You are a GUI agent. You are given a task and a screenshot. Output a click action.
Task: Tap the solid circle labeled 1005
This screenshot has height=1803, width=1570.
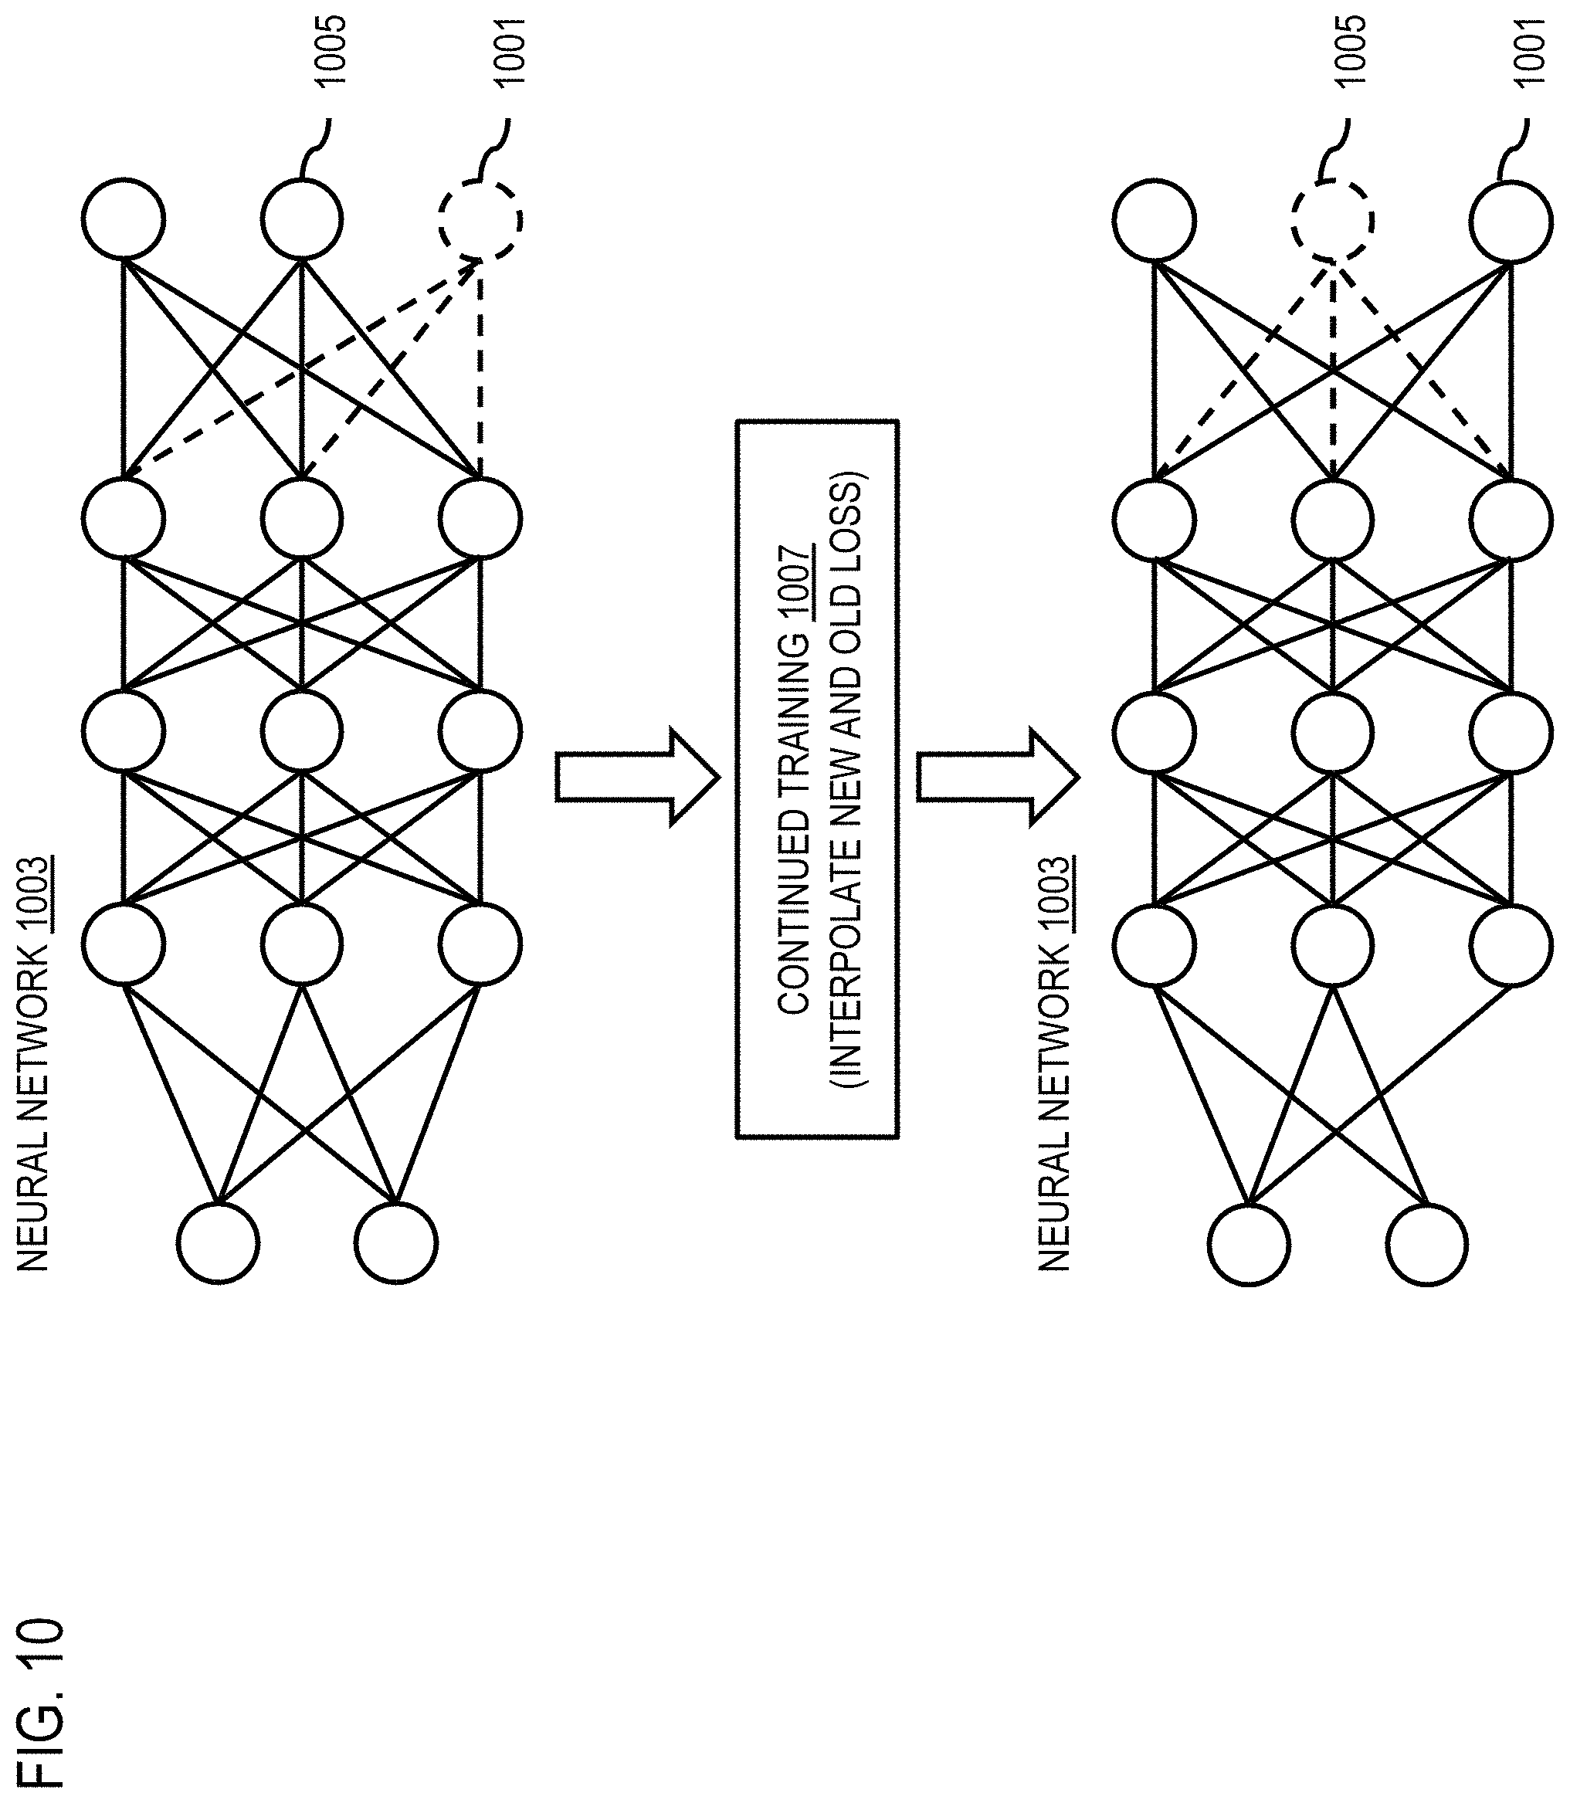tap(301, 219)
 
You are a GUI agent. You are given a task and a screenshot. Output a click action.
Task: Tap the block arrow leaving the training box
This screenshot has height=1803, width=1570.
tap(999, 777)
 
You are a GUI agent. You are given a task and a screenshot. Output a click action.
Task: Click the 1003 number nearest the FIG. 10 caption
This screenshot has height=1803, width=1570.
tap(34, 894)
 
